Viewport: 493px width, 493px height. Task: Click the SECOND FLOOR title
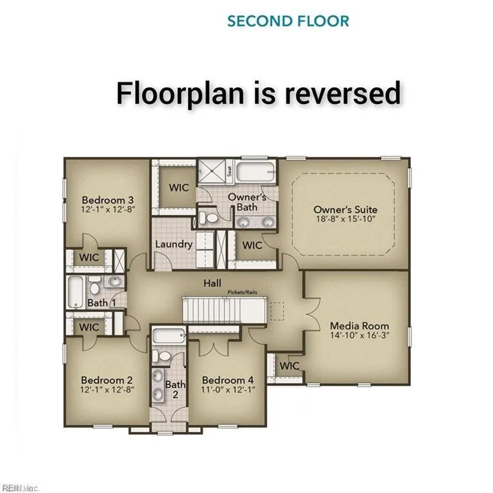point(288,21)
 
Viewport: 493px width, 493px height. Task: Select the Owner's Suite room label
point(345,210)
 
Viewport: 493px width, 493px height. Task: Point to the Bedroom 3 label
point(107,200)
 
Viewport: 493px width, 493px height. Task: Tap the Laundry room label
point(173,244)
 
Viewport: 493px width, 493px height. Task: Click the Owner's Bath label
point(247,202)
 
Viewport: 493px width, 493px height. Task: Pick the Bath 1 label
point(101,302)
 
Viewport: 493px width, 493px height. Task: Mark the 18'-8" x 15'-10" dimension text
point(345,220)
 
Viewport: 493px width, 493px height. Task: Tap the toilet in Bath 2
point(163,356)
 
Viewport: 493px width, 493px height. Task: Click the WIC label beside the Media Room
point(290,365)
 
